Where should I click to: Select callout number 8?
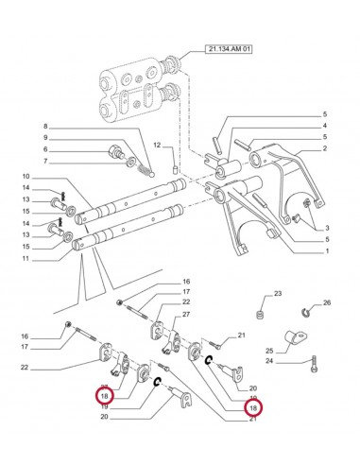(x=71, y=126)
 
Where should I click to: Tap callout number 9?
(x=71, y=138)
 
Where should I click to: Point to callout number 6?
(x=71, y=150)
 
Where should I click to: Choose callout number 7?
(x=71, y=163)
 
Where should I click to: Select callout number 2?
(x=326, y=149)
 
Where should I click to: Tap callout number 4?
(x=326, y=126)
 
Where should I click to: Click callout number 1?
(x=326, y=251)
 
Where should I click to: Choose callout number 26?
(x=327, y=303)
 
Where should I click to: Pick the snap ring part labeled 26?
(x=308, y=314)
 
